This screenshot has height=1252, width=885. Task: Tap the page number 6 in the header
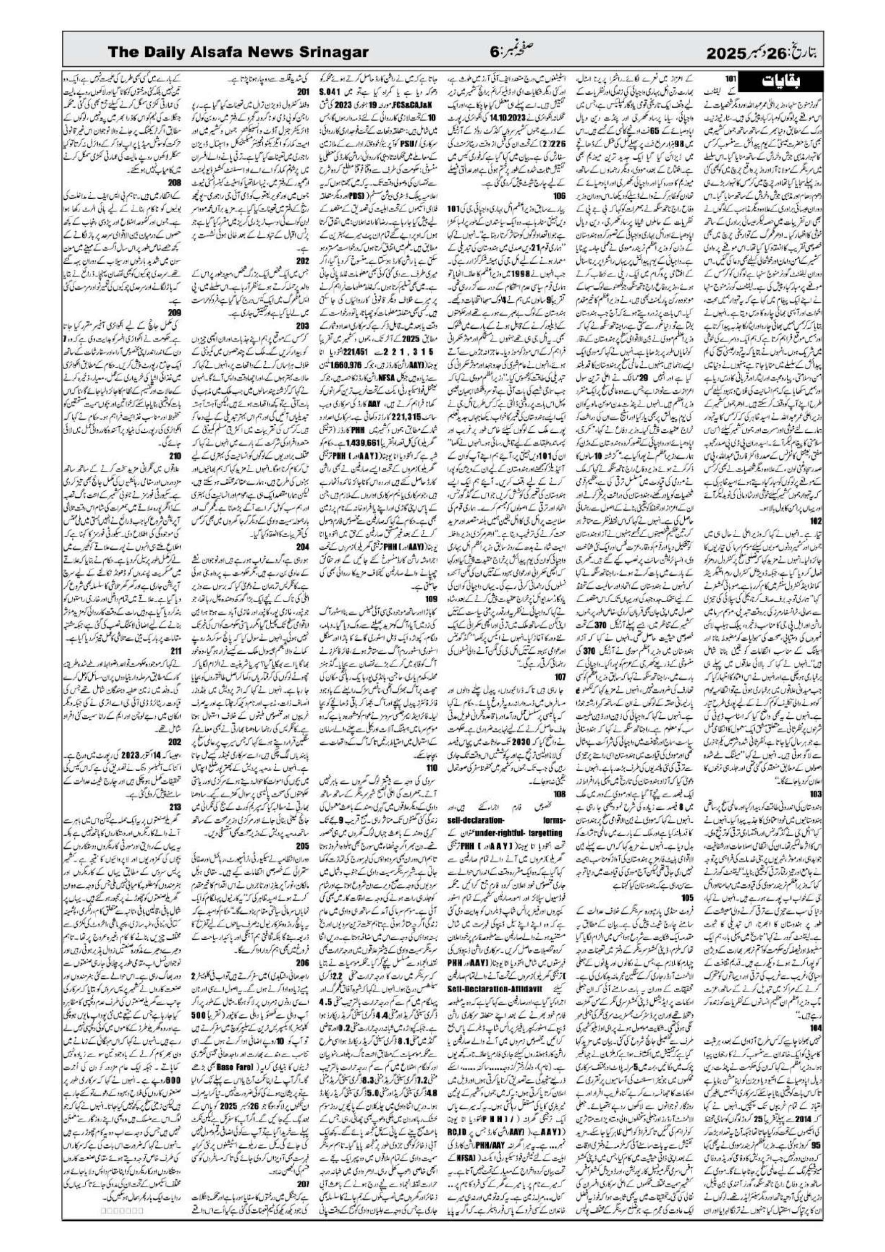pyautogui.click(x=494, y=54)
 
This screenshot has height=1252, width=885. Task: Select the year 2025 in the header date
pyautogui.click(x=729, y=54)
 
